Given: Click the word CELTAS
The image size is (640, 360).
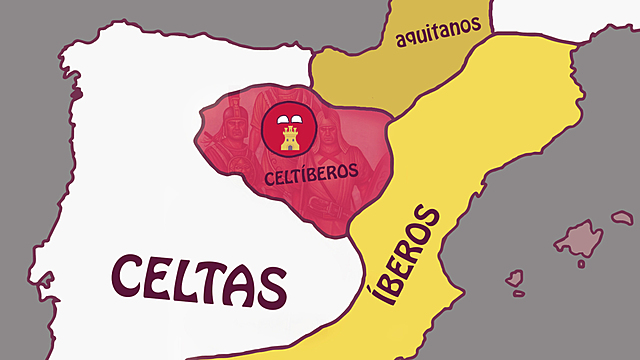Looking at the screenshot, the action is tap(199, 280).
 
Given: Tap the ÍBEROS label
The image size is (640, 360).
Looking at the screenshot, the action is tap(406, 256).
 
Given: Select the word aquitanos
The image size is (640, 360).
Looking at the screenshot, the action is tap(437, 36).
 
